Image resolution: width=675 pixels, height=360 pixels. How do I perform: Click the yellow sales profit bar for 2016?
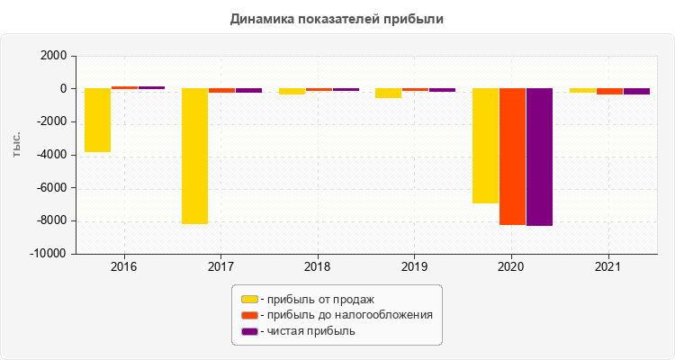pos(97,120)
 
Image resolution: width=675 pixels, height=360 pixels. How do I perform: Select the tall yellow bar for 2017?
pos(194,156)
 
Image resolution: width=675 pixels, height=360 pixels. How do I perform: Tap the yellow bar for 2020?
pos(485,146)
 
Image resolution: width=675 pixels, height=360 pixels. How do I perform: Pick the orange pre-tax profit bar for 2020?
pos(512,157)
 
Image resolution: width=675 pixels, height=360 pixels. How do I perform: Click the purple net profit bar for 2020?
pos(539,157)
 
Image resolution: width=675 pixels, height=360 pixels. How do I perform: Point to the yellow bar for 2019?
pos(388,94)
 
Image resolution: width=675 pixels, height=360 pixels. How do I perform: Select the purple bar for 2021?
pos(636,92)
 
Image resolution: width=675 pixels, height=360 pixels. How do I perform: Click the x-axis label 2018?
pos(318,267)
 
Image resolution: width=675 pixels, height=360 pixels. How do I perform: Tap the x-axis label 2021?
pos(608,267)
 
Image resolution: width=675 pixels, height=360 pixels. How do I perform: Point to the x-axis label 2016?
pos(124,267)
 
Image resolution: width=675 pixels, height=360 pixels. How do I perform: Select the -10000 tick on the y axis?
pos(49,255)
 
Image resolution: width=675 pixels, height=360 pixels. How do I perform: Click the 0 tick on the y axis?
pos(64,89)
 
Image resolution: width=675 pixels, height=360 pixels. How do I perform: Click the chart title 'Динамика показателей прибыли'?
pos(337,18)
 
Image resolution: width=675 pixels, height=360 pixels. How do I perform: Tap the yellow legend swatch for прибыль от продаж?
pos(249,299)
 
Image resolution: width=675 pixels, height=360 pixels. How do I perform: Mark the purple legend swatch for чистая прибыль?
pos(249,331)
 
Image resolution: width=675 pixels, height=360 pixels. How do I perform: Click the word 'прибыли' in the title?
pos(419,18)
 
